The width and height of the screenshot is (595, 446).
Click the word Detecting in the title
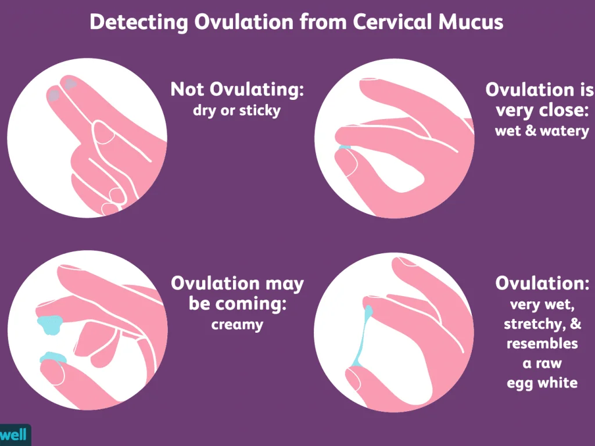(x=139, y=23)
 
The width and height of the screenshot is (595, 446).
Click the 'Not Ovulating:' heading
(x=237, y=90)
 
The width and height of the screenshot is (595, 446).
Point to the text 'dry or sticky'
(x=237, y=110)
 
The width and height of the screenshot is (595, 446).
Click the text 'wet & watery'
(x=542, y=131)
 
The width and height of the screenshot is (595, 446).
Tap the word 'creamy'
(x=237, y=325)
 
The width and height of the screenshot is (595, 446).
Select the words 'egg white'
(x=542, y=383)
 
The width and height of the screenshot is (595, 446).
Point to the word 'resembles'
(x=542, y=344)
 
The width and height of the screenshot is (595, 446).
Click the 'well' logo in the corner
(x=14, y=434)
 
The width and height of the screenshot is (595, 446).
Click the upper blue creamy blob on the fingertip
(x=50, y=324)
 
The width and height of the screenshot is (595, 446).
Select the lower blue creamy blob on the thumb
(x=53, y=358)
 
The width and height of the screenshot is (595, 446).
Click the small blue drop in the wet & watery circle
(x=344, y=147)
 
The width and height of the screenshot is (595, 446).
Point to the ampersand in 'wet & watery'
(x=531, y=131)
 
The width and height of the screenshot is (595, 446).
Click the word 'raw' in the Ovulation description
(x=548, y=364)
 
